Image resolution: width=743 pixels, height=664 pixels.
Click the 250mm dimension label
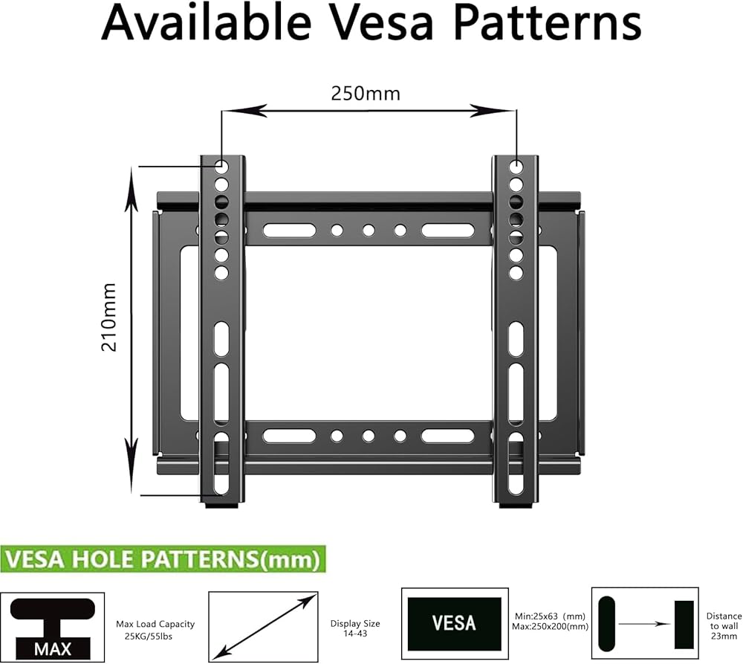point(366,93)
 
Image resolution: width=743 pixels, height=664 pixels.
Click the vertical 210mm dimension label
point(109,317)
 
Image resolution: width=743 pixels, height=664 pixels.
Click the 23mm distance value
point(724,637)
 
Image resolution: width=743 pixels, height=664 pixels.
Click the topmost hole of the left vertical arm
point(221,165)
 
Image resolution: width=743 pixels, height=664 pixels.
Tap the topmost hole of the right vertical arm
point(516,165)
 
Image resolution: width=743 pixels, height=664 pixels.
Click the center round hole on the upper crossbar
point(369,231)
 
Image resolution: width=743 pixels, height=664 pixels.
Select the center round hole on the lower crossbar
point(369,436)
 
